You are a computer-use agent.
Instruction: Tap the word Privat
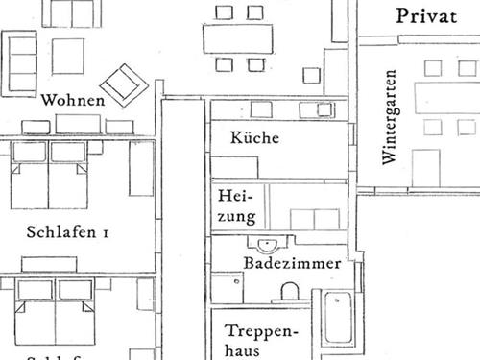point(426,15)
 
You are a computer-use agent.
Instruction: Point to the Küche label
point(254,137)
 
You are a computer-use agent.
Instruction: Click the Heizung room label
point(236,204)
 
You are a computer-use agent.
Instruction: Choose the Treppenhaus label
point(261,339)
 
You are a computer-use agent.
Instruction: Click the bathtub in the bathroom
point(338,318)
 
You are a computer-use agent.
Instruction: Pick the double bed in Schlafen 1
point(50,182)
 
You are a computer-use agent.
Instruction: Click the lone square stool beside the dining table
point(310,75)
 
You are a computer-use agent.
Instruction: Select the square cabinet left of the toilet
point(227,288)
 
